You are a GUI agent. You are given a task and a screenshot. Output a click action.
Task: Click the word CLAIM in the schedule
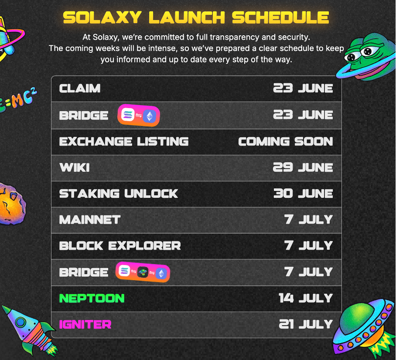tap(80, 88)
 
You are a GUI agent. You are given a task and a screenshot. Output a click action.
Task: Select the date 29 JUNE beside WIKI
tap(303, 167)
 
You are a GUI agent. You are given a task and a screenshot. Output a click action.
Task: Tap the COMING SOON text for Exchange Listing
tap(286, 141)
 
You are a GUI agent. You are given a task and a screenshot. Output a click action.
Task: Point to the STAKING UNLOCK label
tap(119, 194)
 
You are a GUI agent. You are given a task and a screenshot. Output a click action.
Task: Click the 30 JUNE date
tap(303, 194)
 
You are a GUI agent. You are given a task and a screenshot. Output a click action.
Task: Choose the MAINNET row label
tap(90, 220)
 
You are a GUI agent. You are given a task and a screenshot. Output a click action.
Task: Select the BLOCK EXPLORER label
tap(120, 246)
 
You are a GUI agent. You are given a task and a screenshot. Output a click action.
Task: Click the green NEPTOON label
tap(92, 298)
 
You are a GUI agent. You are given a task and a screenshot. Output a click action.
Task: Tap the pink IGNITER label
tap(85, 324)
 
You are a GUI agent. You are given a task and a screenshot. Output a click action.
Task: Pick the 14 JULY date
tap(306, 298)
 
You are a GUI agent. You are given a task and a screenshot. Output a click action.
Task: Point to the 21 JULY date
tap(306, 324)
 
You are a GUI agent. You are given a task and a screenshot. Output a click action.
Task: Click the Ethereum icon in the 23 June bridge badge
tap(150, 116)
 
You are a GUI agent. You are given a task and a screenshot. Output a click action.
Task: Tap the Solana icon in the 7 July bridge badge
tap(124, 271)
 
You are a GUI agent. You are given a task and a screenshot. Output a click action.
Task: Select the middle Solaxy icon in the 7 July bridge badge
tap(143, 272)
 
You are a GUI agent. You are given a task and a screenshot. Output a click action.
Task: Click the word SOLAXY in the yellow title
tap(102, 17)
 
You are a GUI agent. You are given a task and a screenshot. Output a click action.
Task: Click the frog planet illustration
tap(366, 57)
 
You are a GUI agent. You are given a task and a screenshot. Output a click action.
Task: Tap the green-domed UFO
tap(365, 328)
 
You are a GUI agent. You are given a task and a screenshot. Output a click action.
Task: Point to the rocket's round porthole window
tap(20, 322)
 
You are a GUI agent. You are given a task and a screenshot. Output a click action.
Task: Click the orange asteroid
tap(12, 204)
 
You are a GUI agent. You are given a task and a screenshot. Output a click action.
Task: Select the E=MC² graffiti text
tap(18, 99)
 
